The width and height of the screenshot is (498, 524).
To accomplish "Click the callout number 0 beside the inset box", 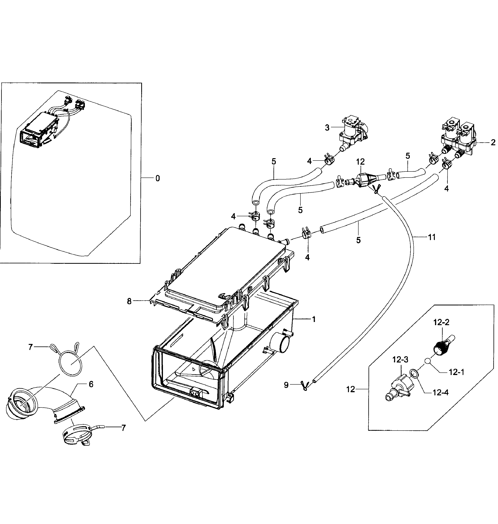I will click(x=158, y=179).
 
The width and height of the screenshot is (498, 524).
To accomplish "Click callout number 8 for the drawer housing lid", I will click(x=129, y=302).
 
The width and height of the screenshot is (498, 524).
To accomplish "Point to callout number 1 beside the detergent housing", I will click(x=314, y=319).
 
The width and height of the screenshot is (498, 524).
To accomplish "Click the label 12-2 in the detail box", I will click(x=441, y=322).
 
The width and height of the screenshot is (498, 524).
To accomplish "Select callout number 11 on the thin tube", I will click(x=432, y=237).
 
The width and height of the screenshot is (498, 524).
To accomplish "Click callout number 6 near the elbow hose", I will click(x=91, y=384).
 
